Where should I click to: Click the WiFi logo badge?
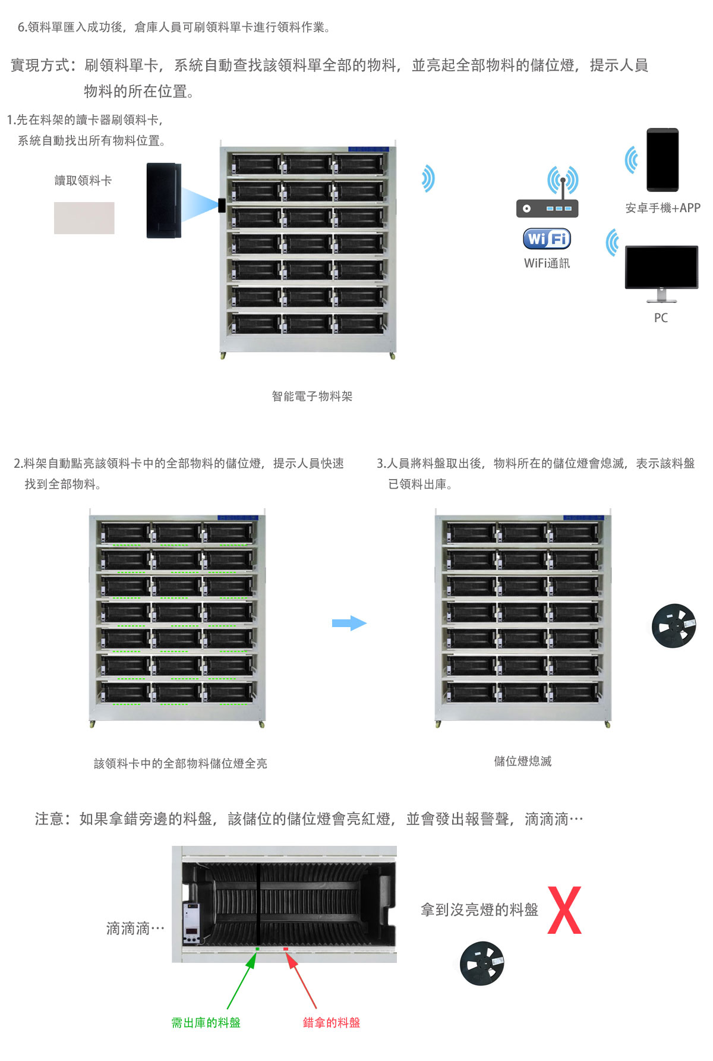(547, 239)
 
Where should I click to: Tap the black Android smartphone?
(662, 159)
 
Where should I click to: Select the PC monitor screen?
(661, 267)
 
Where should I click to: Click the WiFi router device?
(547, 208)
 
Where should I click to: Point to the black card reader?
(163, 200)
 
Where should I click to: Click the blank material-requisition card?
(84, 218)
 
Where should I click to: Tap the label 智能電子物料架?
(312, 396)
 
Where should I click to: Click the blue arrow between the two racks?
(349, 623)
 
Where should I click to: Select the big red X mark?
(564, 910)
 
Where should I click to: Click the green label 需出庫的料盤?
(206, 1022)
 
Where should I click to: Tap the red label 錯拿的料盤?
(331, 1022)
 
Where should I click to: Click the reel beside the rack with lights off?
(674, 626)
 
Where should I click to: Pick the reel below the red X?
(482, 963)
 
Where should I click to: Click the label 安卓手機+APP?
(662, 208)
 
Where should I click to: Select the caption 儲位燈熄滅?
(523, 761)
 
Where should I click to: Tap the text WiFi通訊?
(547, 263)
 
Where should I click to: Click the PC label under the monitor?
(661, 318)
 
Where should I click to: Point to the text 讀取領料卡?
(83, 181)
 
